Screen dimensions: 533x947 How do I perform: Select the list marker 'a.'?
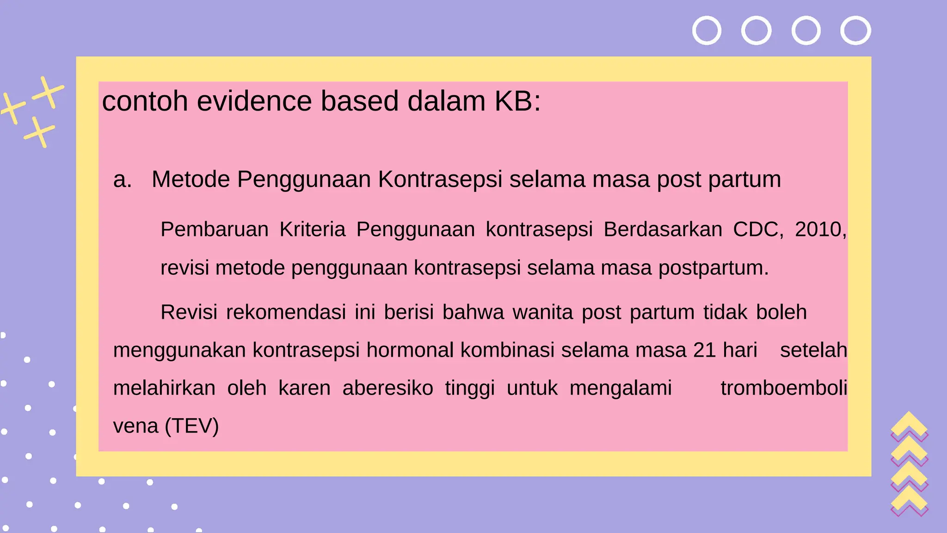[x=123, y=180]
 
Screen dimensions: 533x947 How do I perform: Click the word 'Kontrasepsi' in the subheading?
[x=440, y=180]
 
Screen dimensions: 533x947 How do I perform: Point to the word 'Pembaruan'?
[x=215, y=229]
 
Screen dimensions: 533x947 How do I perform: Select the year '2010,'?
[x=820, y=229]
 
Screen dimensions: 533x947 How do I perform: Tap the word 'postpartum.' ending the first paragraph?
[x=713, y=268]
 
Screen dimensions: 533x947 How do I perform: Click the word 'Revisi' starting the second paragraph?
[x=189, y=312]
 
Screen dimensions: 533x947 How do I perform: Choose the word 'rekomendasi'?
[x=286, y=312]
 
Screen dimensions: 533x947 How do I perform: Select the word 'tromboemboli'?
[x=784, y=388]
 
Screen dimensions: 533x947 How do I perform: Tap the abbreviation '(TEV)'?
[x=192, y=426]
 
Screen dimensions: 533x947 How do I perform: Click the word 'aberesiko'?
[x=387, y=388]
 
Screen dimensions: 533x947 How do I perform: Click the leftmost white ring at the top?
[x=707, y=31]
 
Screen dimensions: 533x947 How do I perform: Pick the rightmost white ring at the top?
[x=855, y=31]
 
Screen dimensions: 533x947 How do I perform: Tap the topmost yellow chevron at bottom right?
[x=909, y=422]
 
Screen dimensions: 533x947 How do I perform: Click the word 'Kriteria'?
[x=312, y=229]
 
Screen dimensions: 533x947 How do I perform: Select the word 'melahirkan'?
[x=164, y=388]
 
